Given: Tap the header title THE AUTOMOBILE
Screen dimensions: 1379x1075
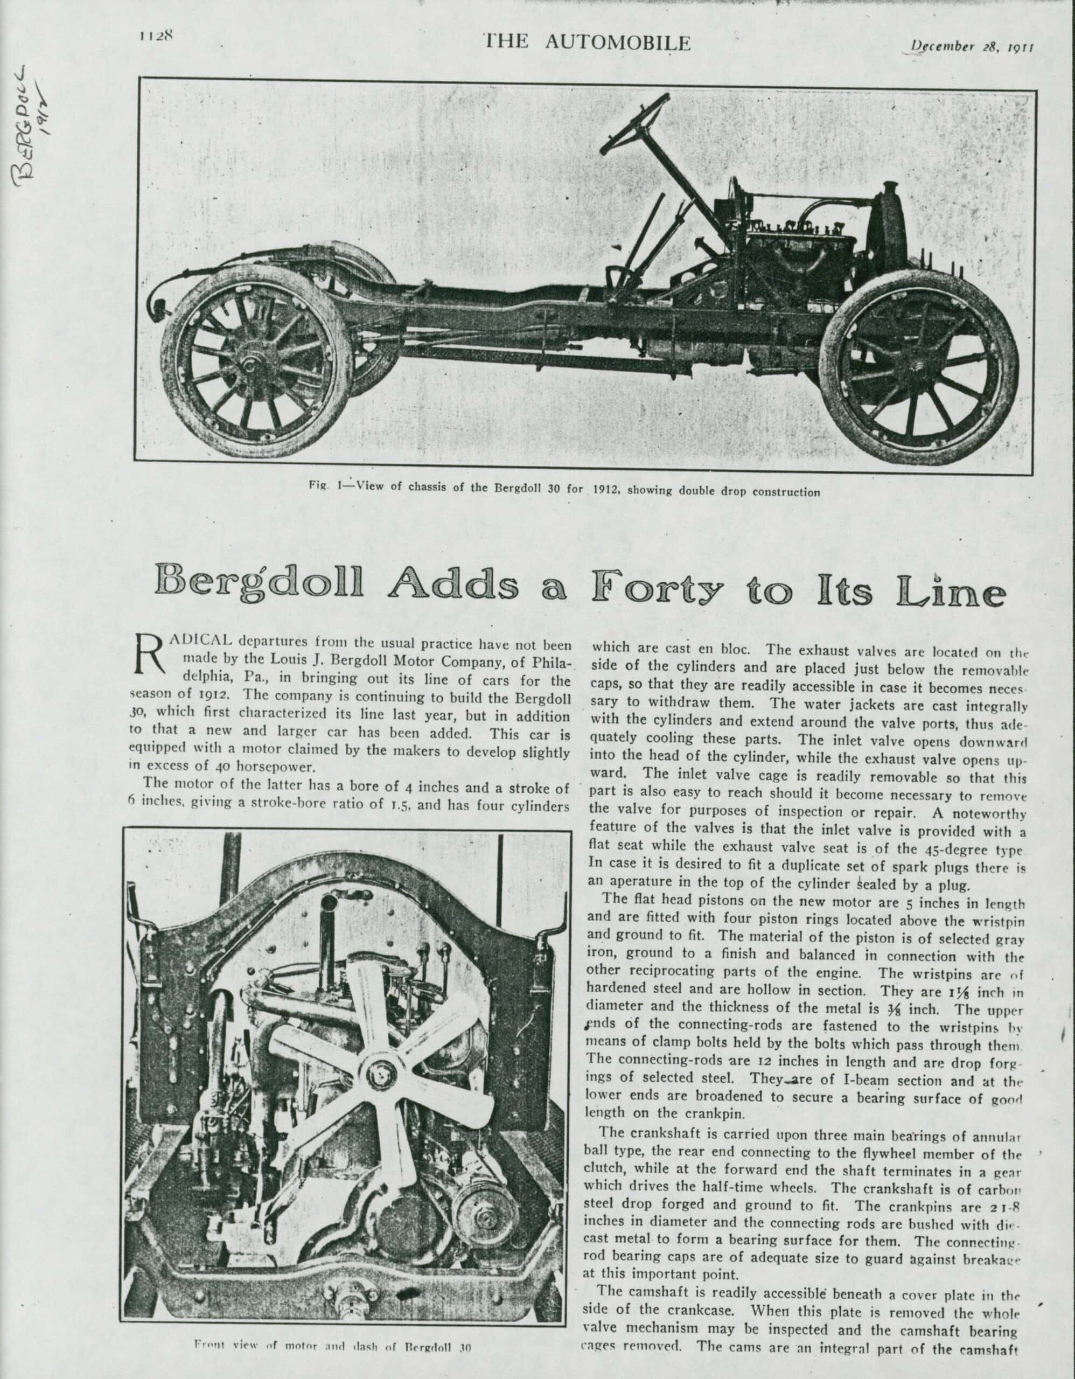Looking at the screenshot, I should point(587,43).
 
